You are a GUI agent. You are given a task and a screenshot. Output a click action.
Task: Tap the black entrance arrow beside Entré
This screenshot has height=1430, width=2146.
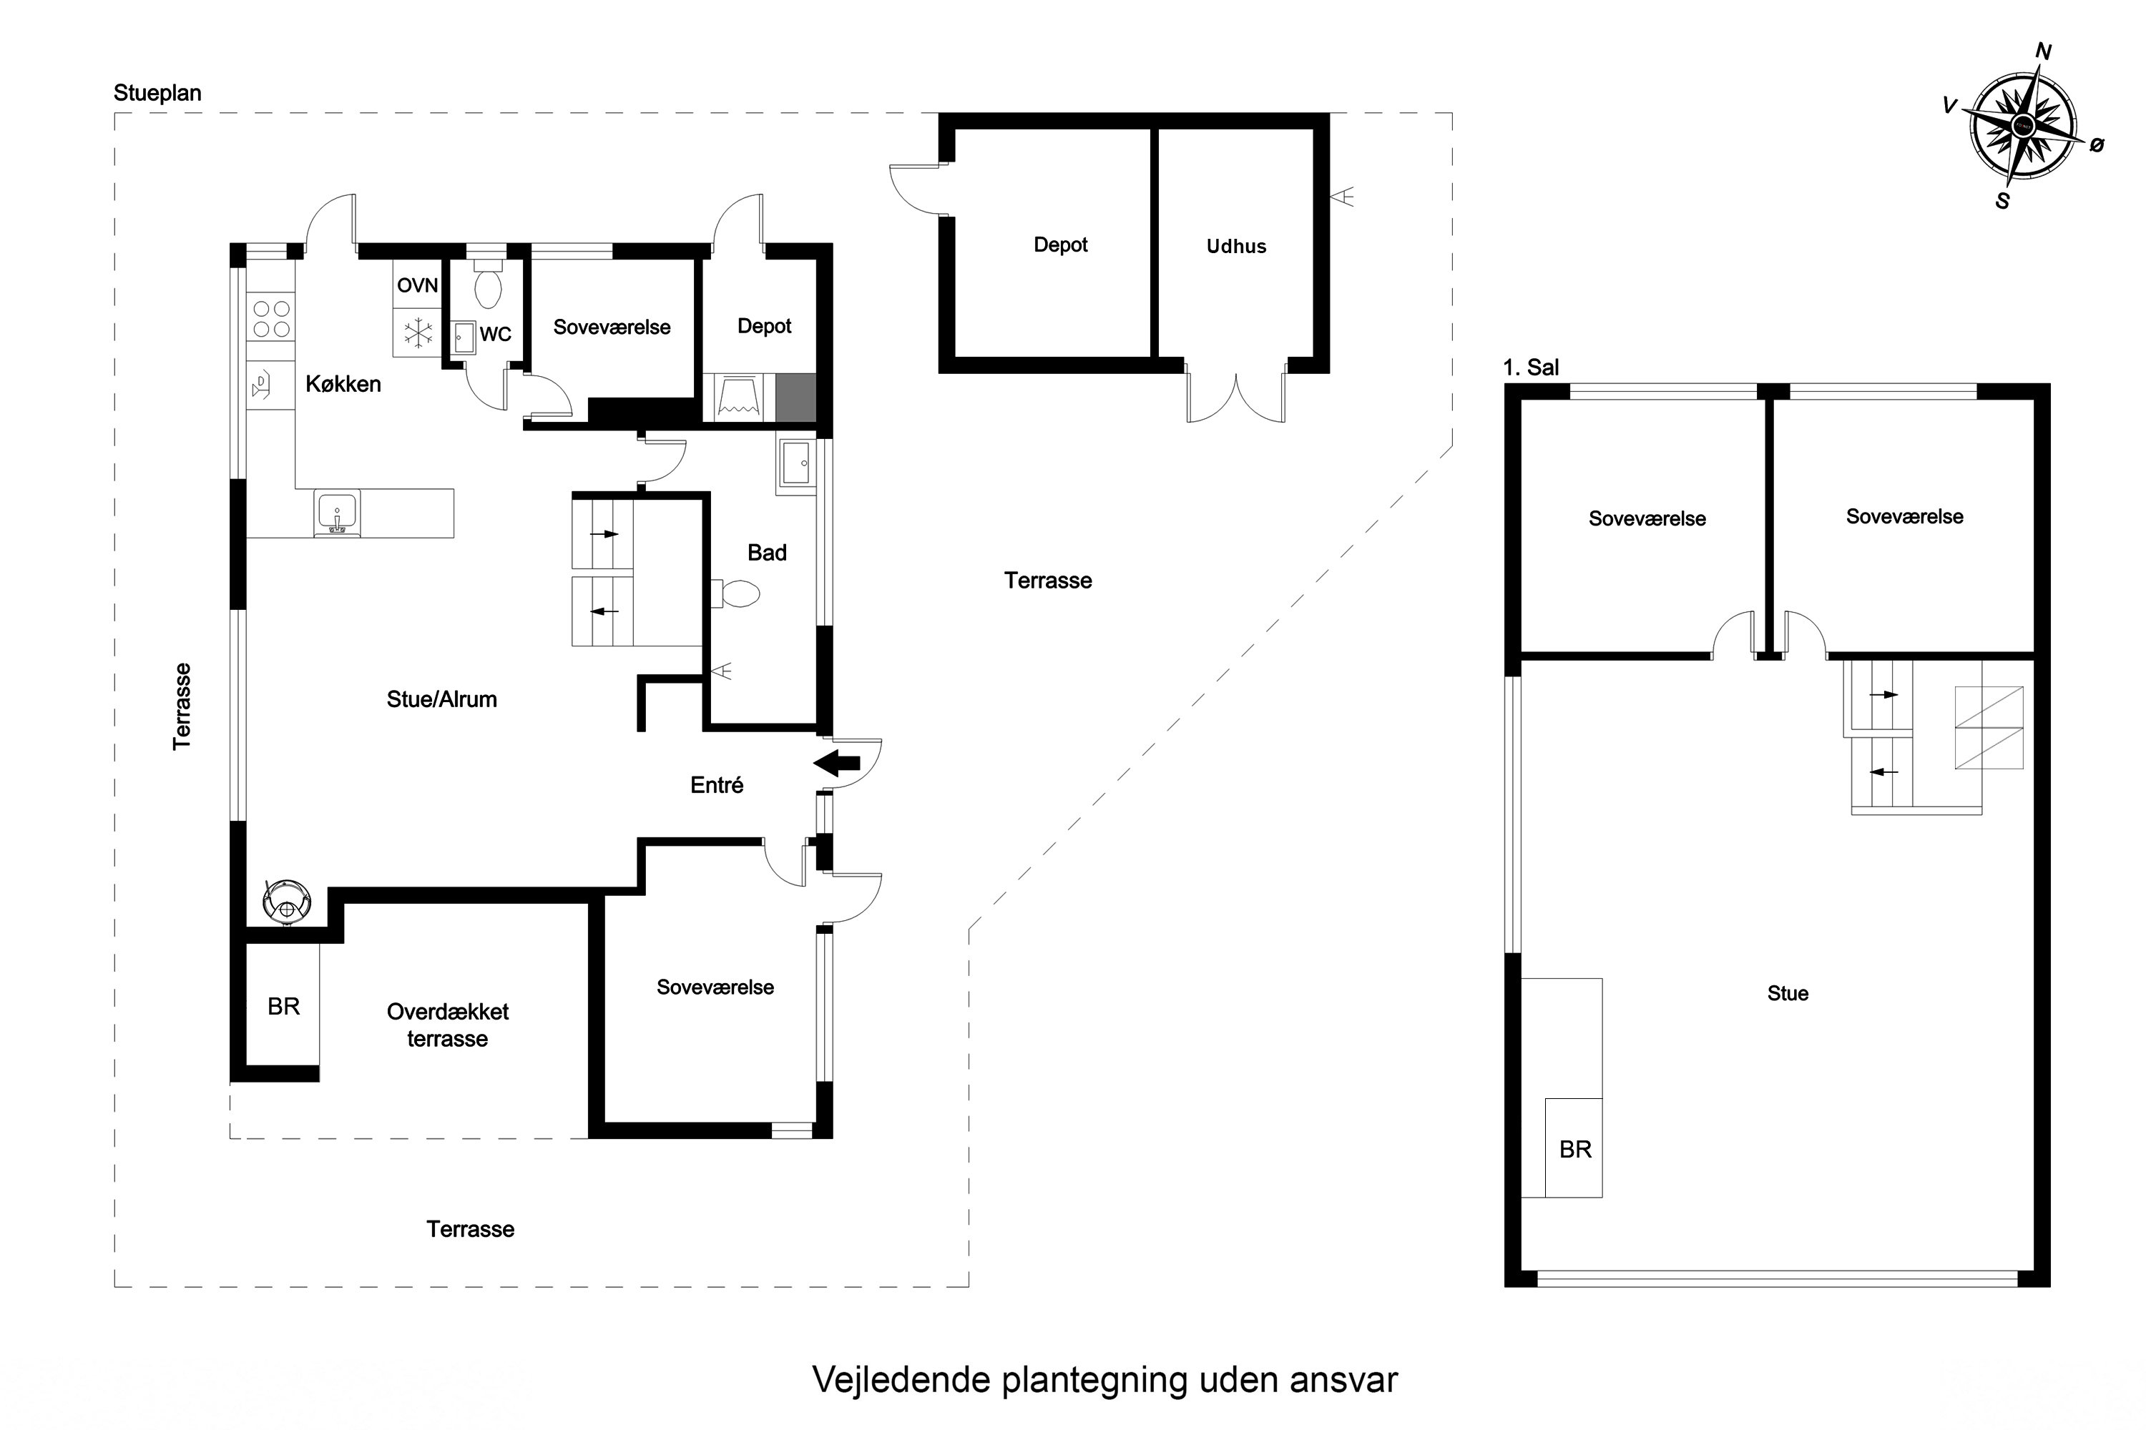click(x=837, y=764)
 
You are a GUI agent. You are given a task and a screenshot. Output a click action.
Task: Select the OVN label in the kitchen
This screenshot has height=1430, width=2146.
click(x=417, y=285)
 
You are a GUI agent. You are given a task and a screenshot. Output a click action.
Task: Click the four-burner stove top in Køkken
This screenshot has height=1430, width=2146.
click(x=271, y=319)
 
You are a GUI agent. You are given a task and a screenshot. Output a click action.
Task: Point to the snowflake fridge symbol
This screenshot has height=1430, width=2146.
click(x=418, y=333)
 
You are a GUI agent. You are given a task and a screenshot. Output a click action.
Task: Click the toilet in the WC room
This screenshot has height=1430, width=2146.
click(x=488, y=285)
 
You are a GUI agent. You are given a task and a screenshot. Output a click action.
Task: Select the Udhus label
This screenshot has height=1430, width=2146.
click(x=1236, y=246)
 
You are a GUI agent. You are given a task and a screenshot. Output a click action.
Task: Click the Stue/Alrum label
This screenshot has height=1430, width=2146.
click(x=441, y=699)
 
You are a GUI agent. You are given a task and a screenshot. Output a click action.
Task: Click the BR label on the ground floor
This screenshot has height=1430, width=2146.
click(x=284, y=1006)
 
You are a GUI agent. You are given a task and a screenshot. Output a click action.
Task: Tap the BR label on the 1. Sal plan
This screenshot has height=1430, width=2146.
click(x=1575, y=1149)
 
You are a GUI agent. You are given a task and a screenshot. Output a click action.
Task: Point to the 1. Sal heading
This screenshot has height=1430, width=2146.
click(x=1531, y=368)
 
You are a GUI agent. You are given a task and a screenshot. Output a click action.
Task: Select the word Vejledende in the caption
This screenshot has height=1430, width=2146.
click(x=901, y=1380)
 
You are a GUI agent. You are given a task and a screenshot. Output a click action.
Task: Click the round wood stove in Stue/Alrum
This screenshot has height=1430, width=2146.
click(x=288, y=901)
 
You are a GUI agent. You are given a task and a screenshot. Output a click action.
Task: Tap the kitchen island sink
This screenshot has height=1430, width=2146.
click(x=337, y=513)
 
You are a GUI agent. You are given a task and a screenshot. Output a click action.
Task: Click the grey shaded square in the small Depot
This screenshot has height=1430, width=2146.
click(x=795, y=398)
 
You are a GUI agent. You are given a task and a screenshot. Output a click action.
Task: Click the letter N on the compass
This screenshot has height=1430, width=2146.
click(x=2044, y=52)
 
